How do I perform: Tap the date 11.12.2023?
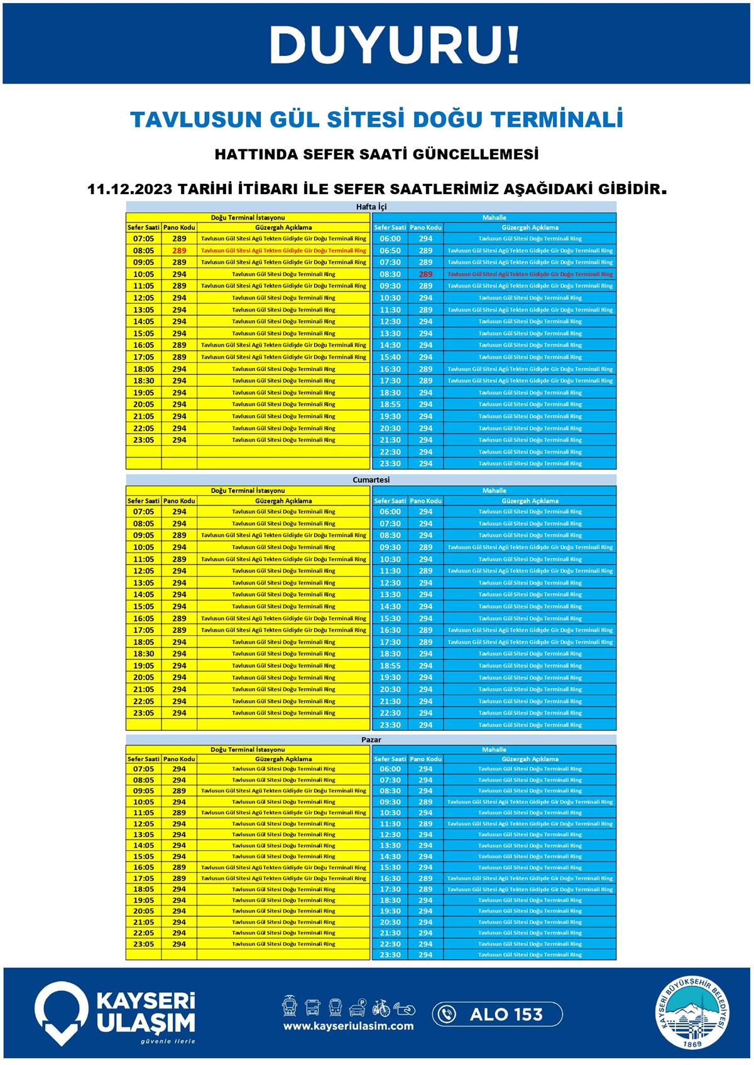[129, 189]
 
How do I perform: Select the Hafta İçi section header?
[371, 207]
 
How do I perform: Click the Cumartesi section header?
[371, 480]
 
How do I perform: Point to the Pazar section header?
[371, 739]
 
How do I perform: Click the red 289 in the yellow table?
[179, 251]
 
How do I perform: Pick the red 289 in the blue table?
[425, 274]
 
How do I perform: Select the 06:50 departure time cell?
[390, 251]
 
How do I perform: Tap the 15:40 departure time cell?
[390, 357]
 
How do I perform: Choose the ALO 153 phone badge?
[497, 1014]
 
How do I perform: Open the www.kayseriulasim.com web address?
[348, 1026]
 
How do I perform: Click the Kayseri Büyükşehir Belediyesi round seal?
[694, 1013]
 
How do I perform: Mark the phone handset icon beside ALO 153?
[447, 1014]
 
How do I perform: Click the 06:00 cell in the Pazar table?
[390, 769]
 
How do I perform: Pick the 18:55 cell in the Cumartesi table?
[390, 666]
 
